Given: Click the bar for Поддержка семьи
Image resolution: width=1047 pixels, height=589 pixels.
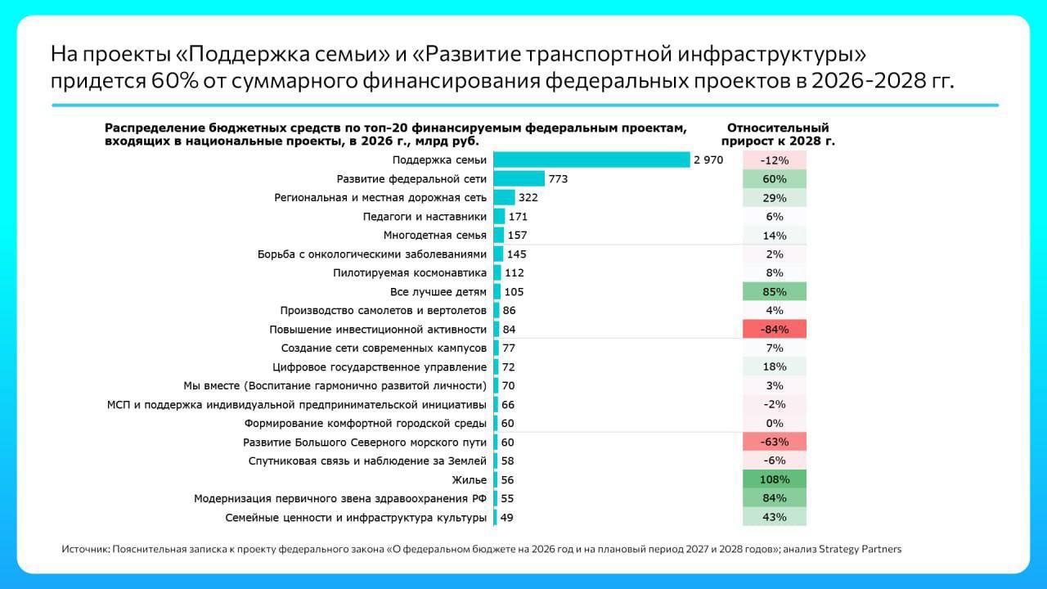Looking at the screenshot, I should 591,160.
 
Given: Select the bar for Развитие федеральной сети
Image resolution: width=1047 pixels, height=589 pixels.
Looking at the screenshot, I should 519,179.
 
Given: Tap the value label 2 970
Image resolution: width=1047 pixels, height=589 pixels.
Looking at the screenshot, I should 708,160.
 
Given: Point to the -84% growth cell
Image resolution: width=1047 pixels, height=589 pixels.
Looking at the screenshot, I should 774,330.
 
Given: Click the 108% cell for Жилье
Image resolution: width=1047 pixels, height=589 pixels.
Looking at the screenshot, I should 774,480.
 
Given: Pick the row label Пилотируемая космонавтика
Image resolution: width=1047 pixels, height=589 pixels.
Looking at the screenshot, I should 410,273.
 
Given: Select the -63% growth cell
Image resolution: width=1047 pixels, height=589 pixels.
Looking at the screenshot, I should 774,443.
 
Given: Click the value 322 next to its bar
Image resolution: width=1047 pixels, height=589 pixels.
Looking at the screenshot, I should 528,198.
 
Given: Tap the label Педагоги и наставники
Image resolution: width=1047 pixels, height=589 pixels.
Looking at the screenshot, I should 425,217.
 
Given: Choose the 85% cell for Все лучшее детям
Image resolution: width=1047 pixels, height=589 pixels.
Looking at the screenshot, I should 774,292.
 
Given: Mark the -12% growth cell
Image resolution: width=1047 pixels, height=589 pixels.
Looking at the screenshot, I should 774,160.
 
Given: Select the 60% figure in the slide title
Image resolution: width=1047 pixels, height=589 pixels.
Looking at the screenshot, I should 171,82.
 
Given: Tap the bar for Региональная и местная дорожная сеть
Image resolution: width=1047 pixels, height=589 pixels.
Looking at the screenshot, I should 504,198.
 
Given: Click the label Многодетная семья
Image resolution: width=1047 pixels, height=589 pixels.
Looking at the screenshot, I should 435,236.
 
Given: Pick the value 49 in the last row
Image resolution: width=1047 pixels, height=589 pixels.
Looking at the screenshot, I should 506,518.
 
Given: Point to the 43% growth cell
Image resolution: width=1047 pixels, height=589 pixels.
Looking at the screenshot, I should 774,518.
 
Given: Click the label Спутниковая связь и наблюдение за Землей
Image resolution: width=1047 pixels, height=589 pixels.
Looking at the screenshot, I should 367,461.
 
